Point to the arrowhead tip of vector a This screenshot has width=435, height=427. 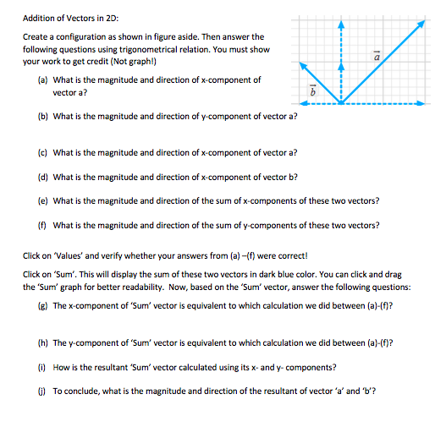click(422, 23)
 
